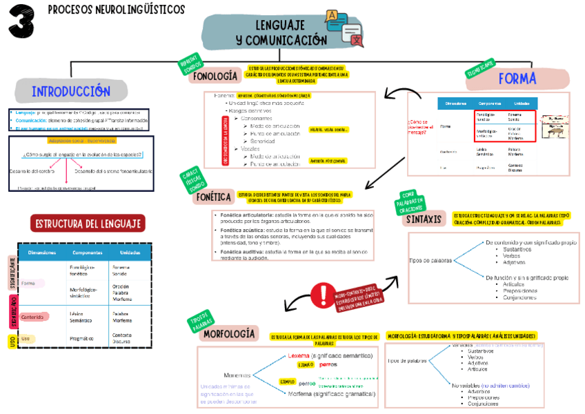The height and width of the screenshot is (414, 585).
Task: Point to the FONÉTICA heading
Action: tap(214, 197)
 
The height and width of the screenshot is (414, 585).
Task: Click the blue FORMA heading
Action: tap(517, 79)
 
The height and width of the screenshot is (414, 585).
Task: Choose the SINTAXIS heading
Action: tap(423, 219)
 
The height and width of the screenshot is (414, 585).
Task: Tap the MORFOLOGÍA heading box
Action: tap(230, 334)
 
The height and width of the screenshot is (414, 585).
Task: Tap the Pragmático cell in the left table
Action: tap(82, 339)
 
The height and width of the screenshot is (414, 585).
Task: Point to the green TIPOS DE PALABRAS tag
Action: tap(201, 322)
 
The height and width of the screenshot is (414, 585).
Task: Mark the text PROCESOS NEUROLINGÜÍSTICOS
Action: tap(117, 10)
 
